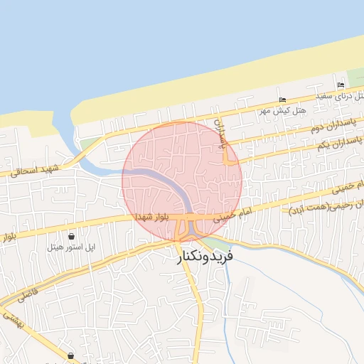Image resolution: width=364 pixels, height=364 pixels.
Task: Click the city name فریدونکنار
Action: (x=213, y=255)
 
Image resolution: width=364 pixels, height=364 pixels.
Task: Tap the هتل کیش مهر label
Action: (x=282, y=111)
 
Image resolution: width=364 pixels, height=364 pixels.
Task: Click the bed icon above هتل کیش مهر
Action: (x=282, y=100)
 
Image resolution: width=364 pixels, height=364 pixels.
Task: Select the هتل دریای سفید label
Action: (x=344, y=95)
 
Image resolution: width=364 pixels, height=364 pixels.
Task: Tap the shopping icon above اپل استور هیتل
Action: (x=72, y=236)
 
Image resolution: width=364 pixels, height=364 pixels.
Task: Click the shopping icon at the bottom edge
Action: (x=71, y=355)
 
